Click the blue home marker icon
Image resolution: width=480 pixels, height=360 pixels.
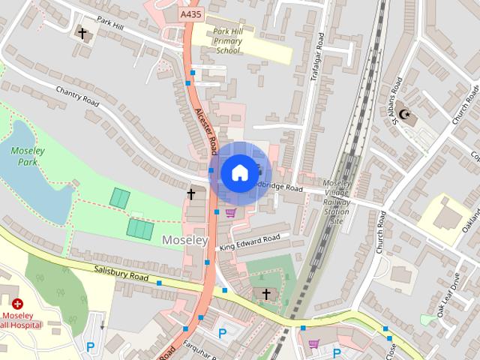pyautogui.click(x=238, y=172)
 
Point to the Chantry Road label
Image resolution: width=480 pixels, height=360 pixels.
pyautogui.click(x=77, y=96)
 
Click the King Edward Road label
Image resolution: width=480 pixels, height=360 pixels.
pyautogui.click(x=250, y=242)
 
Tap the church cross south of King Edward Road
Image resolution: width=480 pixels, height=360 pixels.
pyautogui.click(x=266, y=294)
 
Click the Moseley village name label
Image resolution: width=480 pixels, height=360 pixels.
pyautogui.click(x=184, y=240)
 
